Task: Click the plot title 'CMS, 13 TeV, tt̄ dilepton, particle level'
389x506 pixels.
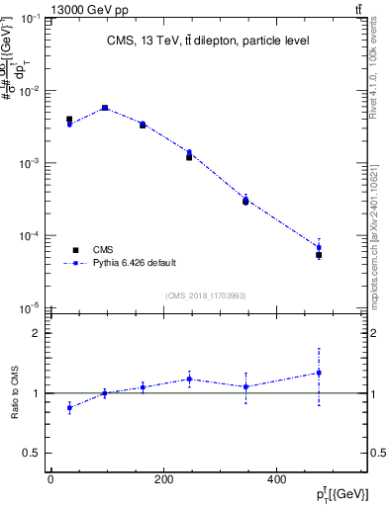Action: coord(208,41)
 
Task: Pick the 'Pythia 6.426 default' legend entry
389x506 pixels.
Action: coord(119,263)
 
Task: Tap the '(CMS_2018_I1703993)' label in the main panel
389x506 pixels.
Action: coord(205,295)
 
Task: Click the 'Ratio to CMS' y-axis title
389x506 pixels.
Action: coord(15,393)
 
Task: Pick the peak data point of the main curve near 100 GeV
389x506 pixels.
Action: coord(105,108)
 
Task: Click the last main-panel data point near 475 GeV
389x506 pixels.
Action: coord(319,247)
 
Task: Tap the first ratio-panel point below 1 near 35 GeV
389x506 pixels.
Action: coord(69,407)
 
